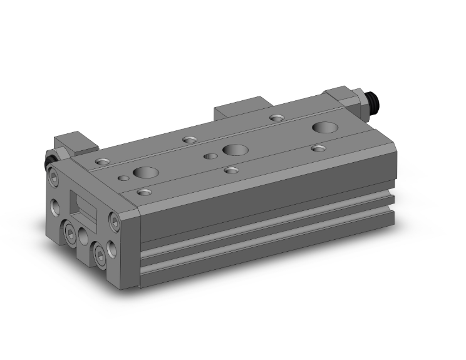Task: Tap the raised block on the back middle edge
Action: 240,108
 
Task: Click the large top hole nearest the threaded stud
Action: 324,128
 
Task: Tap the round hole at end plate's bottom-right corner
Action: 113,248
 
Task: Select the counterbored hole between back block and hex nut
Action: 276,117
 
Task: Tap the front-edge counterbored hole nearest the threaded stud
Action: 319,149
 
